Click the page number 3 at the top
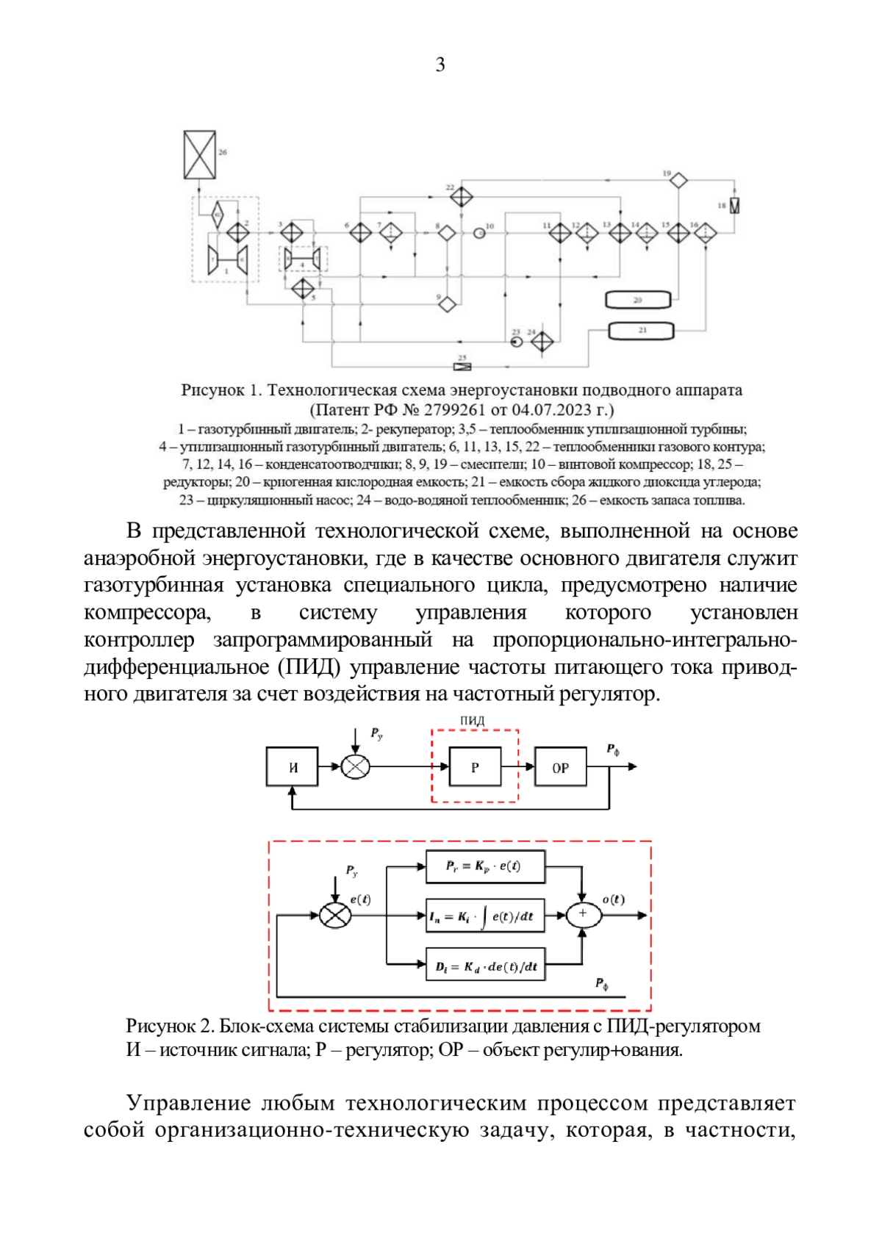tap(440, 65)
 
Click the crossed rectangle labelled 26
tap(199, 155)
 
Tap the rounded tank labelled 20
tap(638, 300)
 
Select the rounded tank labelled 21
tap(641, 331)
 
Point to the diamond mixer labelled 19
tap(678, 179)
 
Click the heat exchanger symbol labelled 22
tap(462, 197)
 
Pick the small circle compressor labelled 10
tap(479, 233)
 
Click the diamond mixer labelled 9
tap(447, 303)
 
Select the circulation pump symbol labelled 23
tap(516, 342)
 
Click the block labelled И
tap(292, 767)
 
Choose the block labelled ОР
tap(560, 767)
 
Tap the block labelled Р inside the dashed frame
tap(475, 767)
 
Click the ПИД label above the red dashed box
tap(473, 721)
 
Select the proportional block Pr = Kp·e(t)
tap(485, 866)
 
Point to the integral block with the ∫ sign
tap(485, 916)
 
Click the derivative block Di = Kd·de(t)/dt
tap(485, 966)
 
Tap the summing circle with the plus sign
tap(584, 914)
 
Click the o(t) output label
tap(613, 899)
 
